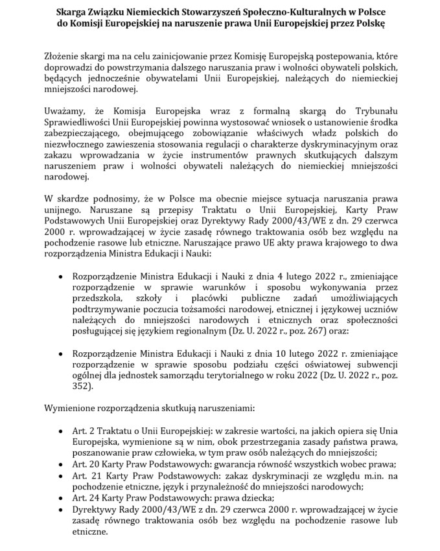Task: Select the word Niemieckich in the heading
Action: tap(155, 11)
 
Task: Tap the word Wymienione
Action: tap(71, 409)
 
